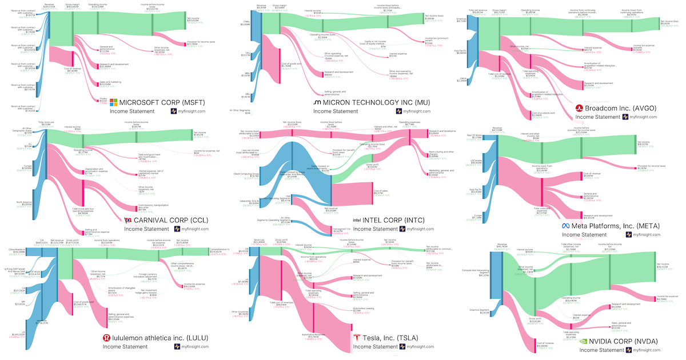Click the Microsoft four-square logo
pyautogui.click(x=113, y=103)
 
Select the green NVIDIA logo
pyautogui.click(x=583, y=341)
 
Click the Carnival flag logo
pyautogui.click(x=128, y=220)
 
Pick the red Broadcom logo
pyautogui.click(x=579, y=107)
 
